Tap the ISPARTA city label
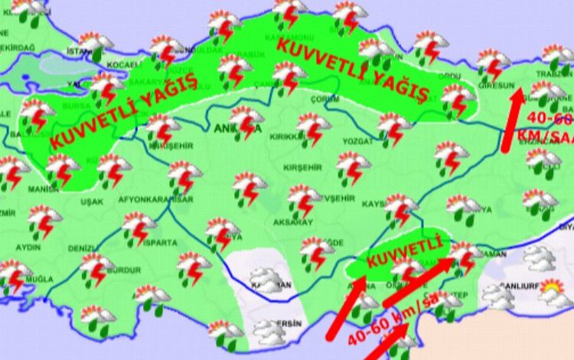[x=160, y=243]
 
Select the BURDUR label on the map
[x=123, y=270]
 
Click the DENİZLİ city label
[x=83, y=248]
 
